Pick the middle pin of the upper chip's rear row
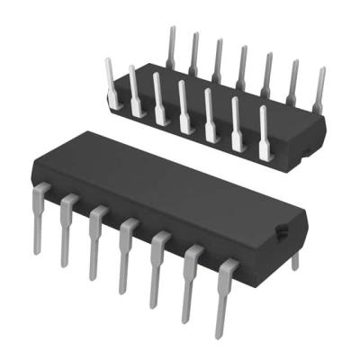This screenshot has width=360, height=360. point(240,67)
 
